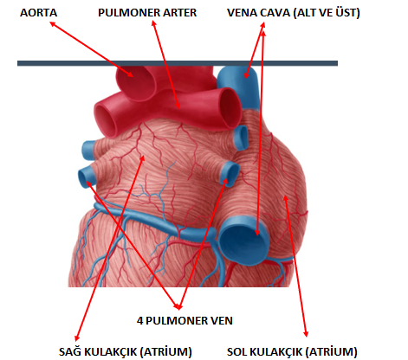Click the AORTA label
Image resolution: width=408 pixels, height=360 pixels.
pos(38,13)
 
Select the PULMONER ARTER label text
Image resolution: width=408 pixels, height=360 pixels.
pos(147,13)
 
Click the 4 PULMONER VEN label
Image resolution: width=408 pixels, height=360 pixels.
pos(185,321)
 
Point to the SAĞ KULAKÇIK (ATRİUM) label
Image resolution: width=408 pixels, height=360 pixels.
pos(126,352)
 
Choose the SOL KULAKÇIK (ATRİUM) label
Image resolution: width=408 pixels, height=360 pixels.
pos(292,352)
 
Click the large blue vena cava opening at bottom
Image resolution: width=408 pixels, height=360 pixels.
pos(244,241)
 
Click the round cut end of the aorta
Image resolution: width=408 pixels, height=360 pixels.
pos(136,82)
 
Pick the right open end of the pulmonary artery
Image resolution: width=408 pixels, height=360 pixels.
pos(231,108)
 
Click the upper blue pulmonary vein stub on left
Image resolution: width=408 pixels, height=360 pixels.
pos(88,151)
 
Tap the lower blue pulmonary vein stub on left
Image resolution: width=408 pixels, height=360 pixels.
pos(86,176)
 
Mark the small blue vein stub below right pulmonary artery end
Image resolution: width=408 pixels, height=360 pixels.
pos(241,138)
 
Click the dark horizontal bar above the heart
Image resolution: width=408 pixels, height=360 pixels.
pos(178,63)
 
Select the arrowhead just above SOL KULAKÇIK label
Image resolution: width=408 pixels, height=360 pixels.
pos(306,334)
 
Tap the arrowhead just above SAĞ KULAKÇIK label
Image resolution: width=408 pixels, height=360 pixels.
pos(76,338)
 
